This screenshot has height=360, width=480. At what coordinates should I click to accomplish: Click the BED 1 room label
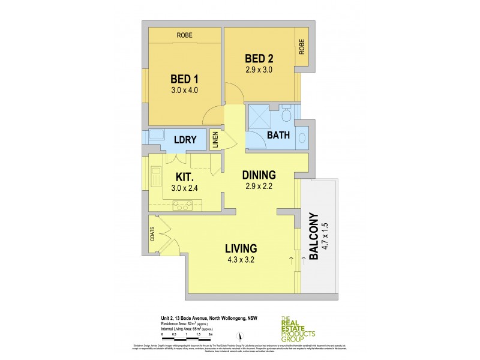[x=184, y=79]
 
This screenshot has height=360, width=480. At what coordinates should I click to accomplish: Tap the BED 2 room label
[x=259, y=58]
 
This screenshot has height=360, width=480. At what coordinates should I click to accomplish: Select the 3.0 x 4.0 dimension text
[x=184, y=91]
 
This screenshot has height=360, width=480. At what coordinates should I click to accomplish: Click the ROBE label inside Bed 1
[x=184, y=35]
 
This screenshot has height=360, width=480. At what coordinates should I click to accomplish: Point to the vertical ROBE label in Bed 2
[x=302, y=46]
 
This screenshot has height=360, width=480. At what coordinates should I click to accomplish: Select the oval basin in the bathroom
[x=302, y=137]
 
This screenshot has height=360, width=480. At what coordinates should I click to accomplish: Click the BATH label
[x=279, y=136]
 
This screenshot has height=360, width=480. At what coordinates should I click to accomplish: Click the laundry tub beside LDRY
[x=155, y=136]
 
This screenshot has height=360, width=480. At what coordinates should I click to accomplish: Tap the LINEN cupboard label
[x=215, y=140]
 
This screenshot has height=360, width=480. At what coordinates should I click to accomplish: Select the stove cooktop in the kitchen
[x=181, y=207]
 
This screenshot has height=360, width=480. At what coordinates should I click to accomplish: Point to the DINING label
[x=259, y=175]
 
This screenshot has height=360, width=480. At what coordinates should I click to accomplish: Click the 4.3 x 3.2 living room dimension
[x=241, y=261]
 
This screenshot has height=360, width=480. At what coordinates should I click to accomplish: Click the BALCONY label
[x=314, y=234]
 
